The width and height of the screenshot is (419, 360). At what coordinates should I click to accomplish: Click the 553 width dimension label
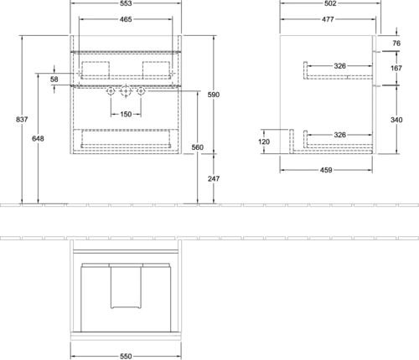point(126,3)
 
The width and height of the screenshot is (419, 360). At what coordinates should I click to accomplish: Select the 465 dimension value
point(126,19)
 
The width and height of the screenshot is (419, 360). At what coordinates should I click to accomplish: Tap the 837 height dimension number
point(22,120)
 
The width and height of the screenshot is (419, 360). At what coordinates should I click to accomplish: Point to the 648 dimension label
point(38,138)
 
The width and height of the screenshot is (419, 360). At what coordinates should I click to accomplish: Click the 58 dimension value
point(54,80)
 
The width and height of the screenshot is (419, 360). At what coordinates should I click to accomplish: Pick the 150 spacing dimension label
point(126,114)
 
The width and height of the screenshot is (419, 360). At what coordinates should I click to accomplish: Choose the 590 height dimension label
point(214,95)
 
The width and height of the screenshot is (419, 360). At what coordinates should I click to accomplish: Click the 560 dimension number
point(198,147)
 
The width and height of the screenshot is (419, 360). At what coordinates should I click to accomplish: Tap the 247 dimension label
point(214,178)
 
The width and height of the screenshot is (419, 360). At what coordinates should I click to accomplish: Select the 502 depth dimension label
point(330,3)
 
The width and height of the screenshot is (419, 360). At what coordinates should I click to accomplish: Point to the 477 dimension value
point(328,19)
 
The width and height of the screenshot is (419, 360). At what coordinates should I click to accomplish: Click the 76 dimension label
point(396,44)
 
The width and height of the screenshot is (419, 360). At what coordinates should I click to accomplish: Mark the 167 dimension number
point(396,68)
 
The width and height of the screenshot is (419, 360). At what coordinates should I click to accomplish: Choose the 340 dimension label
point(396,120)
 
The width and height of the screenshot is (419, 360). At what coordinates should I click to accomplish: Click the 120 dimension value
point(264,141)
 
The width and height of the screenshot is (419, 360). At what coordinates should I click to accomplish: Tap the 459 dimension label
point(326,170)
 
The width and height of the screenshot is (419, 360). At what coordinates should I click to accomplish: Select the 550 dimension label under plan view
point(126,357)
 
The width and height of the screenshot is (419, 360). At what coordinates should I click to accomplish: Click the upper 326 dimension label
point(339,66)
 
